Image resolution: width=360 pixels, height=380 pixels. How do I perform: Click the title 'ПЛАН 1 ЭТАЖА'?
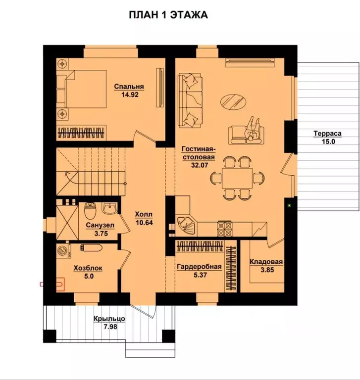point(168,15)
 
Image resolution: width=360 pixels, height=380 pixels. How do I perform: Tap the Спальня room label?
point(129,87)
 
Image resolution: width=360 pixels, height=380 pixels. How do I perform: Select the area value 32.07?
point(199,165)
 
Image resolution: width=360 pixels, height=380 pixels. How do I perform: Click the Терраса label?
point(327,133)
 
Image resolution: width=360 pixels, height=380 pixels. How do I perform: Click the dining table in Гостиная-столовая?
point(237,178)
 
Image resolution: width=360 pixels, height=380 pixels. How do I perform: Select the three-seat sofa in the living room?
point(190,100)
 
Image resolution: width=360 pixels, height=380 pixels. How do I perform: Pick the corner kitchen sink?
point(186,225)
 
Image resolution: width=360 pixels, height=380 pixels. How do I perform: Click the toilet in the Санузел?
point(91,210)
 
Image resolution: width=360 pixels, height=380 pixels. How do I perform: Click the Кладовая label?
point(266,262)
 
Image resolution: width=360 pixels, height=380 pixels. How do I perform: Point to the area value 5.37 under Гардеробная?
point(201,275)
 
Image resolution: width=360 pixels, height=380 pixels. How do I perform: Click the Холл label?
point(144,214)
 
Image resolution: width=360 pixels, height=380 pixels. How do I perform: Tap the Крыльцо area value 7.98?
point(110,327)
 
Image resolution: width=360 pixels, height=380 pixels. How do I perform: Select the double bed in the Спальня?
point(82,89)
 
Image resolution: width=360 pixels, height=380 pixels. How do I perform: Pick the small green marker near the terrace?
point(289,206)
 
